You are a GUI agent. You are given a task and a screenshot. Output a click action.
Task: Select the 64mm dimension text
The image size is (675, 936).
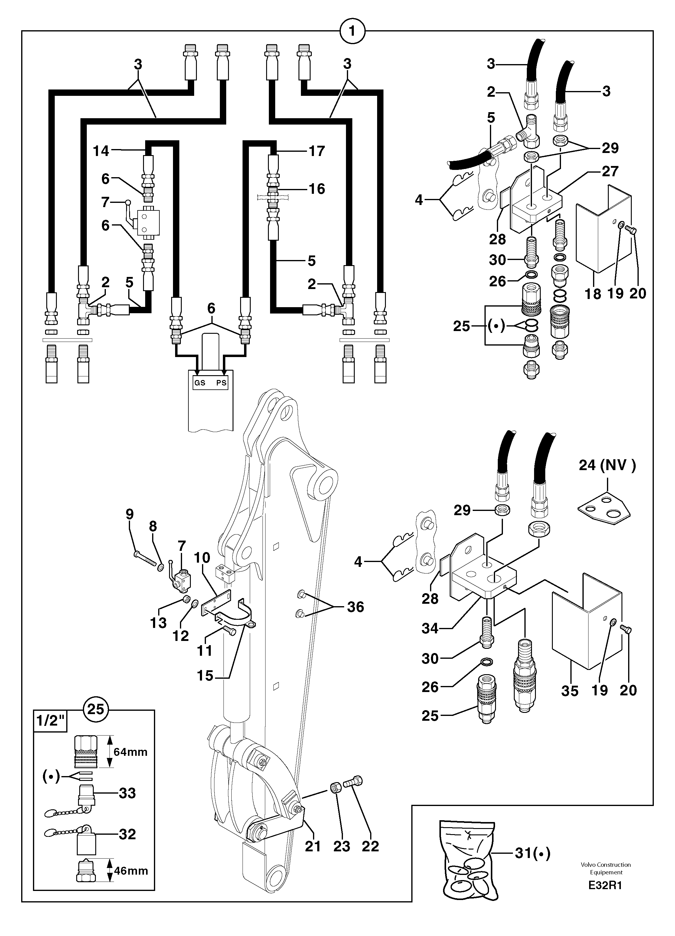pos(130,752)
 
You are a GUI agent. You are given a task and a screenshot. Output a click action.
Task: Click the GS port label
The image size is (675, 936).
pos(200,382)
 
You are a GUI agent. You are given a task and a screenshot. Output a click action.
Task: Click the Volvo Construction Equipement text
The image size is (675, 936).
pos(606,868)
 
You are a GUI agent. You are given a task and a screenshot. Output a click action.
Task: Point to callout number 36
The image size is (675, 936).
pos(355,607)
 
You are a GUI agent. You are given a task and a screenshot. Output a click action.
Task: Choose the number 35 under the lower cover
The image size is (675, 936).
pos(570,691)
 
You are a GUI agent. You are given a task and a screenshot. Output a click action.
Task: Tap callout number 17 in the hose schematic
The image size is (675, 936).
pos(317,151)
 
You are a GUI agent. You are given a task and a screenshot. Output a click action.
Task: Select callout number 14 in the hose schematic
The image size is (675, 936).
pos(101,151)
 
